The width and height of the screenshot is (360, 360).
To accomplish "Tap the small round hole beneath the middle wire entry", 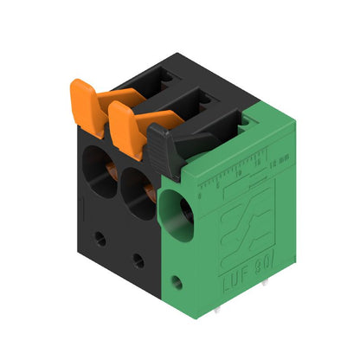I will tap(138, 260).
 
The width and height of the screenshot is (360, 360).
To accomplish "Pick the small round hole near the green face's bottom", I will tap(178, 281).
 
